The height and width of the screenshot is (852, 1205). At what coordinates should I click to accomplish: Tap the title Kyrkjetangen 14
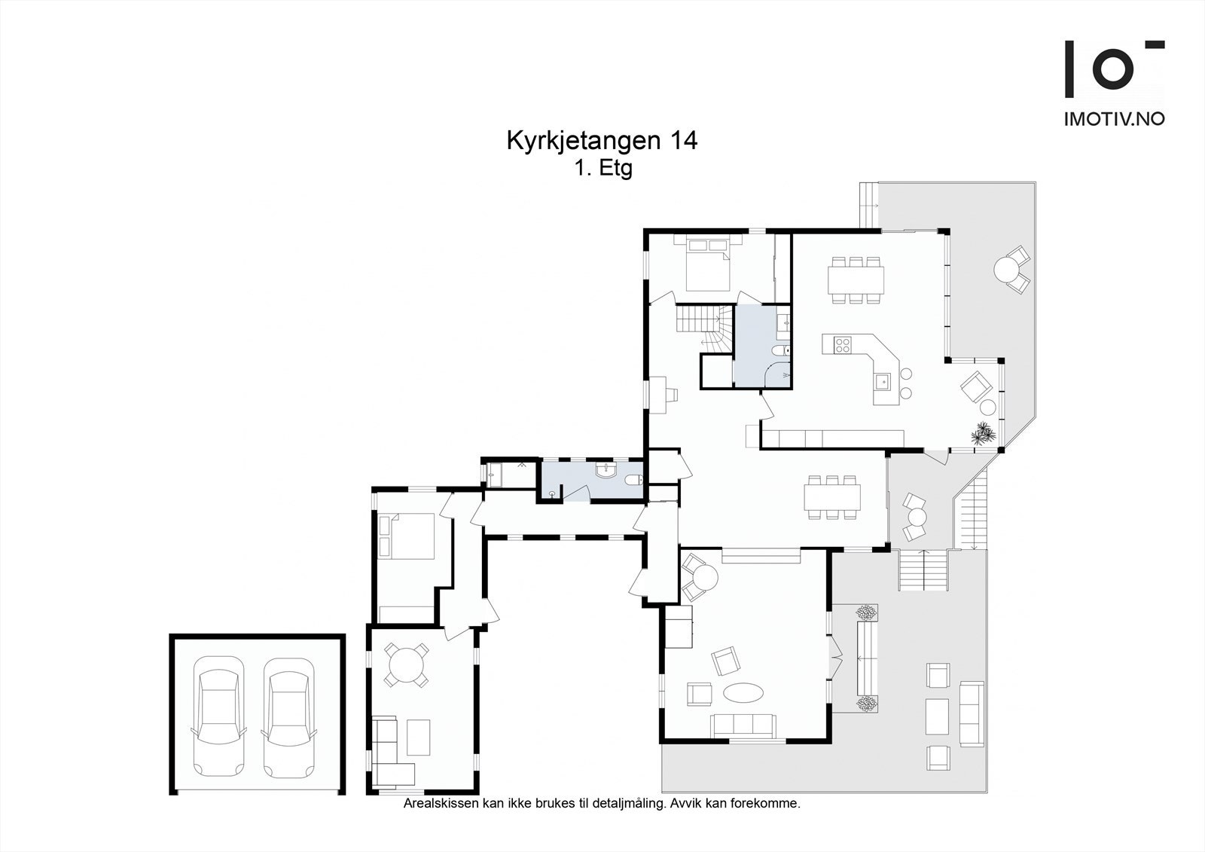[x=602, y=141]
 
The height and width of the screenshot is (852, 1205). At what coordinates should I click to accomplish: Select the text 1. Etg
[x=603, y=169]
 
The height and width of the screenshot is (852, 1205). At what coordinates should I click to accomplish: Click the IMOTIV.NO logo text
[x=1113, y=119]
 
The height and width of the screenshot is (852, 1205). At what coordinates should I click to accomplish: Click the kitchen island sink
[x=883, y=381]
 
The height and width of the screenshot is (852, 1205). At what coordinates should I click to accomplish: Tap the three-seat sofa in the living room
[x=743, y=725]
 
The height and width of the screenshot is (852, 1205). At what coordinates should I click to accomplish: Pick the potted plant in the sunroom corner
[x=984, y=435]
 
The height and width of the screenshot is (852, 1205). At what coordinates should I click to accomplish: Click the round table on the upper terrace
[x=1006, y=268]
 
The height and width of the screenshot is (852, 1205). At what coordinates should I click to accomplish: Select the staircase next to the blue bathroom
[x=704, y=327]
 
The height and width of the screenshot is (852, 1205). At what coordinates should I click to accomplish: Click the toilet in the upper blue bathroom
[x=784, y=350]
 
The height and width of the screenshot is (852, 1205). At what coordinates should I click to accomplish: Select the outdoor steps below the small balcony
[x=922, y=570]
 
